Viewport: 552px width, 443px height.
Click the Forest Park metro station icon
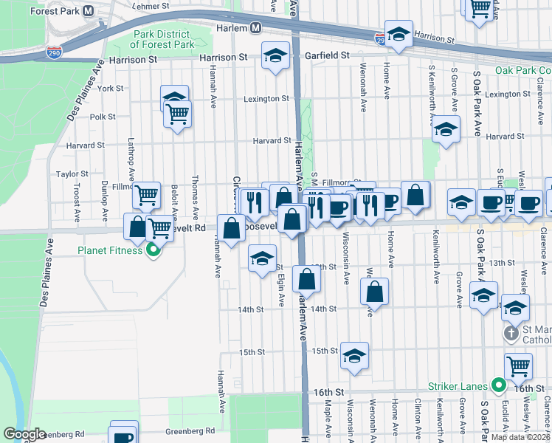coord(89,11)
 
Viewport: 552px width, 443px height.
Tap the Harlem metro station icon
coord(256,27)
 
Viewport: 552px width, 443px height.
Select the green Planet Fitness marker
coord(153,250)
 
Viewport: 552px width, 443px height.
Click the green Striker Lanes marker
coord(498,385)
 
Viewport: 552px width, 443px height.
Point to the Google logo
coord(24,434)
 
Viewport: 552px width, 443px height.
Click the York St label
coord(110,88)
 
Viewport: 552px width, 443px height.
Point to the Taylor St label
coord(72,174)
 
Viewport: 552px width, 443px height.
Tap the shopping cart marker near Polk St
coord(178,114)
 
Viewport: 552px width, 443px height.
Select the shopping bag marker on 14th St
coord(375,292)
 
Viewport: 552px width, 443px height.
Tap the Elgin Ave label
coord(280,289)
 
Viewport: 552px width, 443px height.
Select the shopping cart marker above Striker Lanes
coord(518,365)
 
